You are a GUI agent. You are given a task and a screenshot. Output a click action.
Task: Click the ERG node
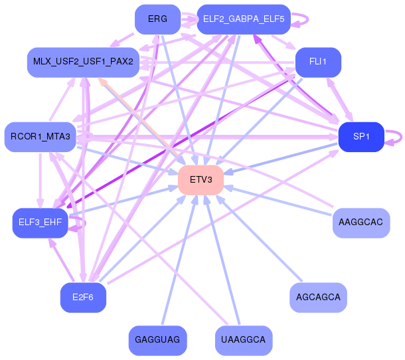[x=157, y=19]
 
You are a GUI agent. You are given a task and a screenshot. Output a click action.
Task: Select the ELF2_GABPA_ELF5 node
[x=244, y=19]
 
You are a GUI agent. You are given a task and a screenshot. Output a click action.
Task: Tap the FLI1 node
[x=318, y=62]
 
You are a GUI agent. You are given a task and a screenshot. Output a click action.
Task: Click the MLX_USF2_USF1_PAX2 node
[x=83, y=62]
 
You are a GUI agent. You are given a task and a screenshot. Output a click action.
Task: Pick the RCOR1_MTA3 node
[x=40, y=137]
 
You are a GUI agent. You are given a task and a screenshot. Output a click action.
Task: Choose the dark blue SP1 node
[x=361, y=137]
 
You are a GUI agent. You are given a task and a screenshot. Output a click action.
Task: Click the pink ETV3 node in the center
[x=201, y=180]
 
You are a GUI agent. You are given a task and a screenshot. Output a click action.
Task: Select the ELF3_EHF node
[x=40, y=223]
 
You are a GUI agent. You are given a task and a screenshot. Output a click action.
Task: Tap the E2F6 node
[x=83, y=298]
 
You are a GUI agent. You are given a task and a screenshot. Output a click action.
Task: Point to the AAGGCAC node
[x=361, y=223]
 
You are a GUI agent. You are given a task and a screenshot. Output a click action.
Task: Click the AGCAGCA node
[x=318, y=298]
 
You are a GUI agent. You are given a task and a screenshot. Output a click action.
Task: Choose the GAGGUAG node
[x=157, y=340]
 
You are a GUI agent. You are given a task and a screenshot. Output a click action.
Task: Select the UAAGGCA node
[x=244, y=340]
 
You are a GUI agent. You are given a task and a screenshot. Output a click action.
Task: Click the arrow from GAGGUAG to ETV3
[x=179, y=260]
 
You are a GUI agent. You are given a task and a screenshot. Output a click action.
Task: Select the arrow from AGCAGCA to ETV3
[x=259, y=238]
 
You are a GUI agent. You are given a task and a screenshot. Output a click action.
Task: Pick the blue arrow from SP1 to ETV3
[x=281, y=159]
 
